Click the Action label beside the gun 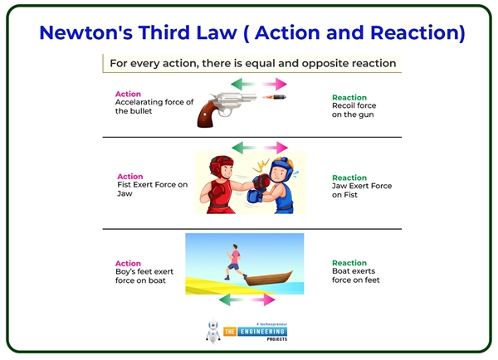(x=128, y=94)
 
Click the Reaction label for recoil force (x=349, y=98)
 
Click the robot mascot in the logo (x=213, y=331)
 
